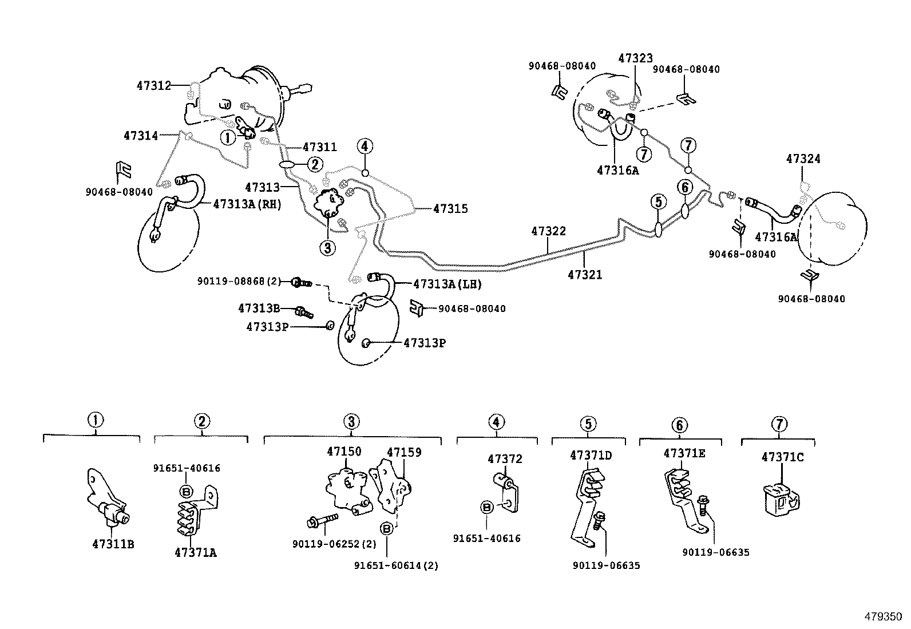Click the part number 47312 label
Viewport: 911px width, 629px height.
point(153,86)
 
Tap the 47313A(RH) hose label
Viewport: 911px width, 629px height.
point(247,204)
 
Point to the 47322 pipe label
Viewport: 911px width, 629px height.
point(548,231)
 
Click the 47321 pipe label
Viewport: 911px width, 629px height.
point(584,275)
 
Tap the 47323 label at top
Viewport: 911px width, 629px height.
point(635,58)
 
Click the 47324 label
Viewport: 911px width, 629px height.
point(803,159)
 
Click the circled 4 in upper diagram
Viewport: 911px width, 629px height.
point(365,147)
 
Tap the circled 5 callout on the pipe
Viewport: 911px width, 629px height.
point(658,201)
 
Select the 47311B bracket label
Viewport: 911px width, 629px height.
point(113,544)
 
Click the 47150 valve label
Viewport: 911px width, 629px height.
point(344,452)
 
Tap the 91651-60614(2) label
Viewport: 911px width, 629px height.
point(396,565)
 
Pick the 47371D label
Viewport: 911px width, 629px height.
point(591,456)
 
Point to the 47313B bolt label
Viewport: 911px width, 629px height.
point(259,308)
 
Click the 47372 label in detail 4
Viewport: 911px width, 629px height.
point(505,458)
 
